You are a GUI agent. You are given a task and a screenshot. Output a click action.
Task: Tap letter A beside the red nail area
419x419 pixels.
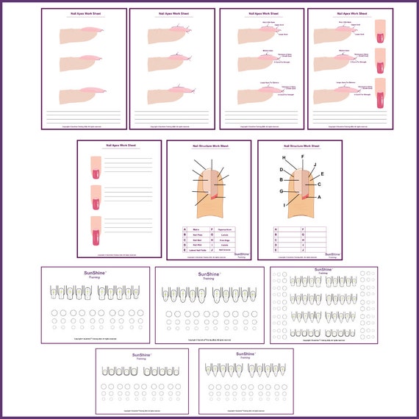319,197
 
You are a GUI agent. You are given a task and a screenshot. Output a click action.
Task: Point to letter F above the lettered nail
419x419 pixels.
302,157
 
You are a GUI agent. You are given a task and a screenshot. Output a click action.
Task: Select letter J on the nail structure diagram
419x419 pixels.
315,165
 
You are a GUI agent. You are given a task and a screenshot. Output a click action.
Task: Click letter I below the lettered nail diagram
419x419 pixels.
284,205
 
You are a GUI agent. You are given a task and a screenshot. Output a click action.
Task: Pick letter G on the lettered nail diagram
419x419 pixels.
282,191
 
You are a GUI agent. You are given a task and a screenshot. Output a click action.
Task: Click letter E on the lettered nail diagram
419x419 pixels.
322,174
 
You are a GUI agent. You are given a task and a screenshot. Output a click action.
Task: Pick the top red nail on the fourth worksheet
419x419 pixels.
380,31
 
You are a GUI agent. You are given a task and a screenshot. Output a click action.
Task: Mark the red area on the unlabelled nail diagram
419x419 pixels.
214,196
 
